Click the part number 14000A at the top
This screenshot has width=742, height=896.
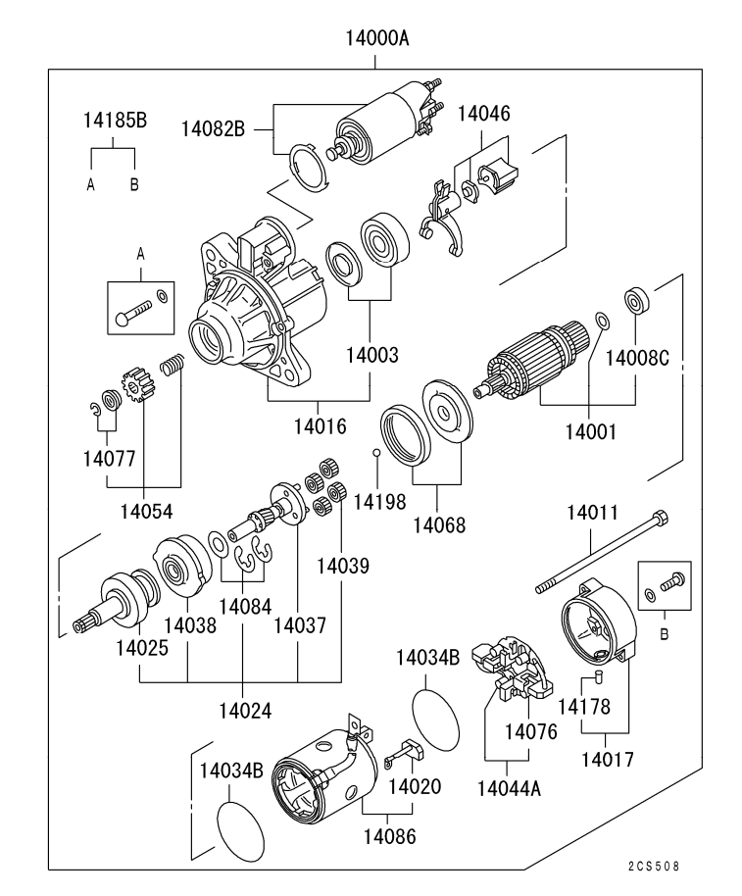pos(376,40)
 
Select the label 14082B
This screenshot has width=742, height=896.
pos(213,128)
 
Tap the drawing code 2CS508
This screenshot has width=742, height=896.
pos(652,868)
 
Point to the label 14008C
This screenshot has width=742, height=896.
pos(636,357)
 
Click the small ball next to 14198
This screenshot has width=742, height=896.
pos(375,452)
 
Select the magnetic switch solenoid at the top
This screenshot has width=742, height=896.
pos(377,134)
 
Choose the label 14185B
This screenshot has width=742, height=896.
pos(114,122)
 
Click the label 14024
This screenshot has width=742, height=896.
pos(241,710)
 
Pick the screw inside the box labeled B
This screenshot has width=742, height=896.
pos(671,584)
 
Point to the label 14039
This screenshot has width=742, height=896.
pos(342,566)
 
